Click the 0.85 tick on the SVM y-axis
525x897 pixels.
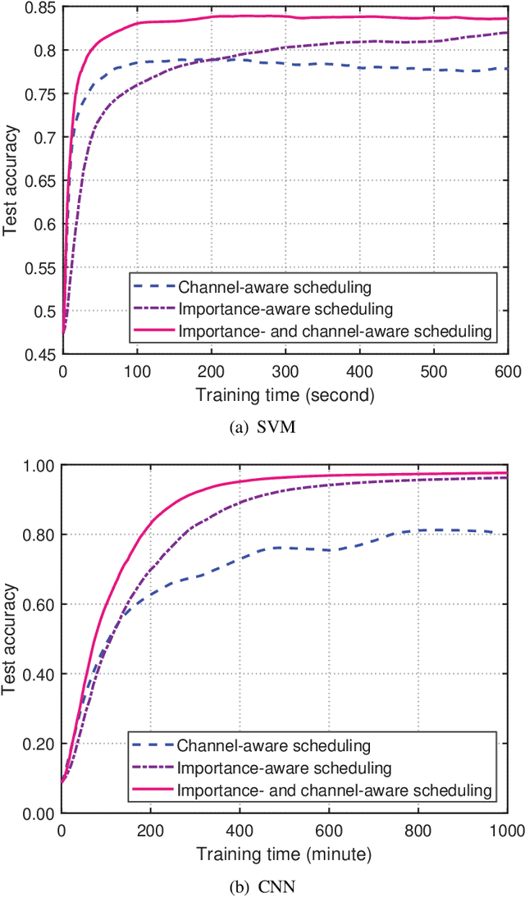(41, 8)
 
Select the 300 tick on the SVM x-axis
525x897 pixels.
(285, 371)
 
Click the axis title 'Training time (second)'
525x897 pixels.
(285, 394)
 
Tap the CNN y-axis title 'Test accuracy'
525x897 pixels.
(11, 640)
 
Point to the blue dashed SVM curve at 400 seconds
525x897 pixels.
(358, 66)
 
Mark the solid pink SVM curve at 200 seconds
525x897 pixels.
(211, 17)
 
